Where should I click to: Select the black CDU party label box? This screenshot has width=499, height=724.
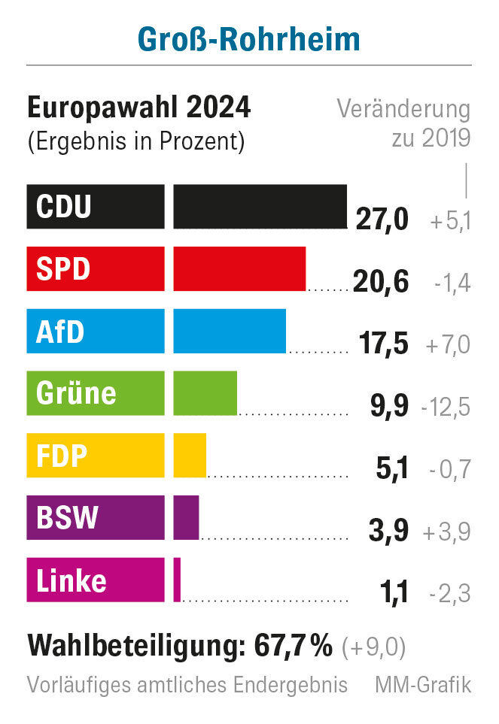[x=95, y=206]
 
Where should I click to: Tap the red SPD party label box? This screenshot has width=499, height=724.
[x=95, y=268]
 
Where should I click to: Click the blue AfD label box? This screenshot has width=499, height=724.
[x=95, y=331]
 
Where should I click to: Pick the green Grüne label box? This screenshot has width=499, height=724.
[x=95, y=392]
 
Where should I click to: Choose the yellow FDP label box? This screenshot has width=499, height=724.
[x=95, y=455]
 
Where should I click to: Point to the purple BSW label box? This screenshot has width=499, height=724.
[x=95, y=517]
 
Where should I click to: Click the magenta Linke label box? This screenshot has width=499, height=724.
[x=95, y=580]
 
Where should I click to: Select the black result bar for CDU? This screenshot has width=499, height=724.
[x=260, y=206]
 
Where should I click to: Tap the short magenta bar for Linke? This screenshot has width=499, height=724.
[x=177, y=580]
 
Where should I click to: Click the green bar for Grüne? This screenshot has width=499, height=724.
[x=205, y=392]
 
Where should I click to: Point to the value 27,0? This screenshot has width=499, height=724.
[x=382, y=220]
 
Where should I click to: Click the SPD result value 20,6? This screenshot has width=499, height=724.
[x=380, y=283]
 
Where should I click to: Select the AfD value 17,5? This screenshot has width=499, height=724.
[x=380, y=344]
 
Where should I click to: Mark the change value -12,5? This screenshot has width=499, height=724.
[x=446, y=407]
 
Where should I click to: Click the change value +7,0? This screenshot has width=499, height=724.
[x=448, y=345]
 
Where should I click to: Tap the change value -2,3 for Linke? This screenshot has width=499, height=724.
[x=449, y=594]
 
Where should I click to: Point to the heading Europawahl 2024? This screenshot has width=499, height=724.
[x=139, y=108]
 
